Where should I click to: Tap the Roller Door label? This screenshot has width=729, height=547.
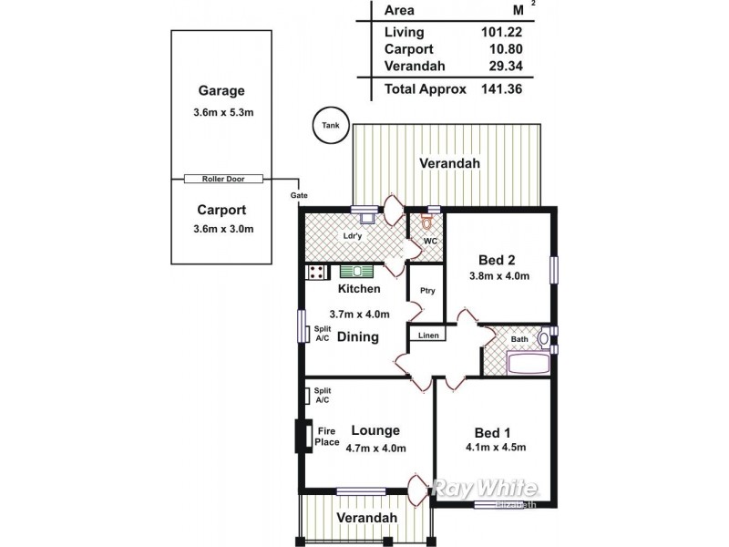pos(223,180)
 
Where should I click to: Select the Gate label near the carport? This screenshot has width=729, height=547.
pos(298,195)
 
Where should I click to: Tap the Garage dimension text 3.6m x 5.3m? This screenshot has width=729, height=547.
pos(222,113)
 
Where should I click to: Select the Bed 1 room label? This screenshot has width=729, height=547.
pos(494,431)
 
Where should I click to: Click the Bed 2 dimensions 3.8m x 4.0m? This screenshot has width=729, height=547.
pos(499,277)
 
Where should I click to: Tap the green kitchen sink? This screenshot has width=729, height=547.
pos(357,271)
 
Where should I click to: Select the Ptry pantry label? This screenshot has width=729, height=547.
pos(426,292)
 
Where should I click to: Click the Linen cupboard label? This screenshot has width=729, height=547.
pos(428,335)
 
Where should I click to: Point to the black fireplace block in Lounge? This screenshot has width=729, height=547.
pos(300,436)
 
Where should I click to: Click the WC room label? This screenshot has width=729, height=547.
pos(431,242)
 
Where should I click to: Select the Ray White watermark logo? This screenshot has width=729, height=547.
pos(486,488)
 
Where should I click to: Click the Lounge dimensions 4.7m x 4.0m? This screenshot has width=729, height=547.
pos(375,447)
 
